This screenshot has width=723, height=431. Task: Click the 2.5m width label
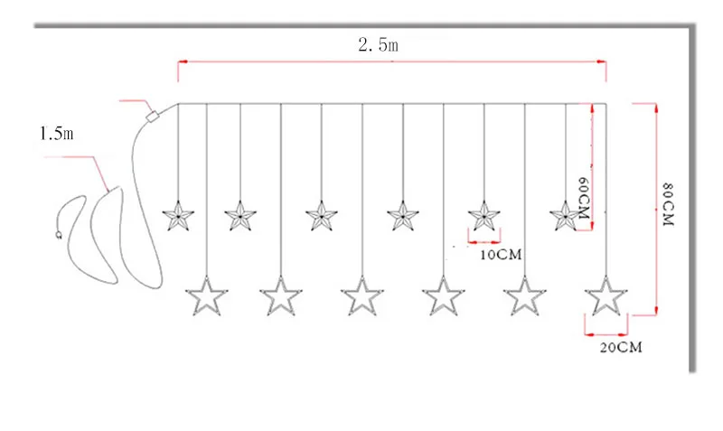[x=378, y=44]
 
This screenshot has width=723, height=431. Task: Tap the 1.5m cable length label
[x=57, y=134]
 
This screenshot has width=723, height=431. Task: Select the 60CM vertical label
[x=583, y=198]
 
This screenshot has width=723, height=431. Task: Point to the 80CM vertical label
[x=668, y=204]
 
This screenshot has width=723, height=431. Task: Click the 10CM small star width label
[x=501, y=255]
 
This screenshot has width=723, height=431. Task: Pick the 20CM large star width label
[x=621, y=347]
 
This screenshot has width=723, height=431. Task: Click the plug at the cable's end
[x=59, y=235]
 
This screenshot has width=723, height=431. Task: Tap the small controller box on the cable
[x=152, y=116]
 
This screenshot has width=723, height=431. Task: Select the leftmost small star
[x=178, y=216]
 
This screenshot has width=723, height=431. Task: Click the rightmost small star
[x=566, y=216]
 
